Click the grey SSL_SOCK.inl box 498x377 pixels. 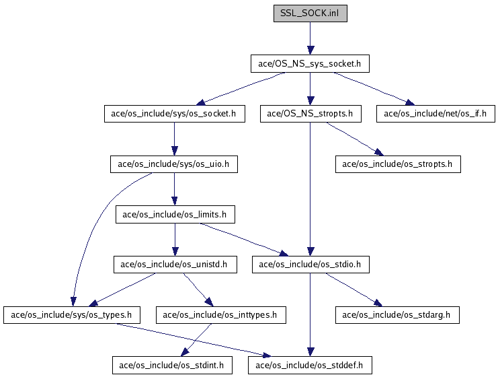310,13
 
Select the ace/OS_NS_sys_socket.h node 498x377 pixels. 310,64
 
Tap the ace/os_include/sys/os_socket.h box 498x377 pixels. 174,114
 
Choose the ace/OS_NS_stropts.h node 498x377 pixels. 310,114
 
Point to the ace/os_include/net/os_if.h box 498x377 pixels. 435,114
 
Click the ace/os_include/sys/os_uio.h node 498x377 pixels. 174,164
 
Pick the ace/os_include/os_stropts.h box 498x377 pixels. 398,164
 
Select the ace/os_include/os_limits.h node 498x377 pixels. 175,215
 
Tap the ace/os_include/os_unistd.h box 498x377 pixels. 175,265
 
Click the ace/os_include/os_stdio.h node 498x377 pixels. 310,265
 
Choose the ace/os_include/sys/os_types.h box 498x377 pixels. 72,315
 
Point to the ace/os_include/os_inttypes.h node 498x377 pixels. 221,315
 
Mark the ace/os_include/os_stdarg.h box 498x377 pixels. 397,315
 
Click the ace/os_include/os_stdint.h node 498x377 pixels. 172,366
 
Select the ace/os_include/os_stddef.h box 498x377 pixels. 310,366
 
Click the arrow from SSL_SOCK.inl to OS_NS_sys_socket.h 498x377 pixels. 310,38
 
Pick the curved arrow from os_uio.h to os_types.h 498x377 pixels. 95,223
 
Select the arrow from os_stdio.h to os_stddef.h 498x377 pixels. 310,315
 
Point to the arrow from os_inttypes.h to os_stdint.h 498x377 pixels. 196,340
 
